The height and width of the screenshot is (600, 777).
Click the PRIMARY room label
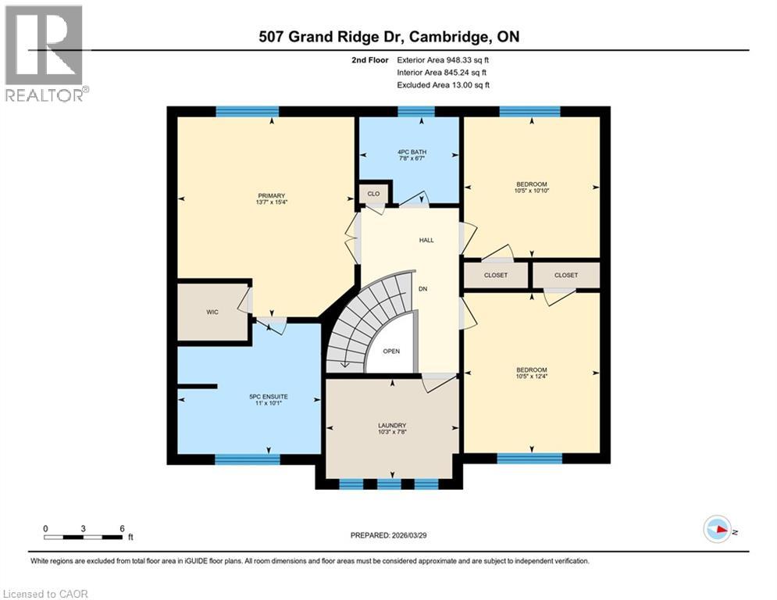pyautogui.click(x=272, y=195)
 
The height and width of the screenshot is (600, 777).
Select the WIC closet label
pyautogui.click(x=212, y=312)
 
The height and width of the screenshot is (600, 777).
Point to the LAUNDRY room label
pyautogui.click(x=391, y=425)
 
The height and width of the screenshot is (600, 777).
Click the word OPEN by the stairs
pyautogui.click(x=391, y=351)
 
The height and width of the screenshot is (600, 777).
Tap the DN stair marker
pyautogui.click(x=422, y=289)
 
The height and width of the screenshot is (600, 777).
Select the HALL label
pyautogui.click(x=425, y=240)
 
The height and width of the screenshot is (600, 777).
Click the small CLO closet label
pyautogui.click(x=373, y=194)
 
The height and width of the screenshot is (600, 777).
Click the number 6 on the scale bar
pyautogui.click(x=122, y=528)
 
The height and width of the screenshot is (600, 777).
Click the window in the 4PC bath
pyautogui.click(x=416, y=112)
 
